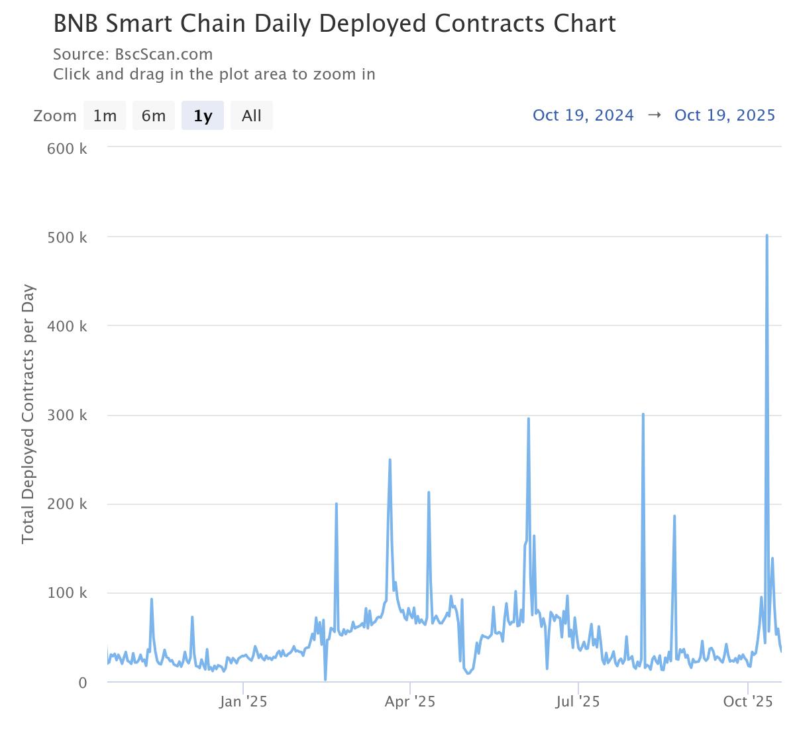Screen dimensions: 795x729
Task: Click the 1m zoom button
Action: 105,116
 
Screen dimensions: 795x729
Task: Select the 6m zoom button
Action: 154,116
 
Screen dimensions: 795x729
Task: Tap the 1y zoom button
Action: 203,116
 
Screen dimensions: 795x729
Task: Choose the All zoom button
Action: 252,116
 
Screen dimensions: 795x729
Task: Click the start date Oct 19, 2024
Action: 584,115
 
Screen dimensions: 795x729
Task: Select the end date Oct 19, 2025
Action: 725,115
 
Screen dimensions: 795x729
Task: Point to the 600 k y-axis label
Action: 67,148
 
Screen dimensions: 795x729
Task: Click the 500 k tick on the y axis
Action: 67,237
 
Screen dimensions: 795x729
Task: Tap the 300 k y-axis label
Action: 67,416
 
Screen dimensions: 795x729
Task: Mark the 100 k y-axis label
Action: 67,593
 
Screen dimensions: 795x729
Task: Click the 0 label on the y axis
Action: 82,683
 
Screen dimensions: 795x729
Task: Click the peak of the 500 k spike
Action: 767,235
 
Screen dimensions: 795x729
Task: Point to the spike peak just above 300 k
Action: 643,414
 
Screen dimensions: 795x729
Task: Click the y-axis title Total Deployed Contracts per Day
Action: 28,414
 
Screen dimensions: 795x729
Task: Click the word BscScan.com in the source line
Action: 164,54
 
